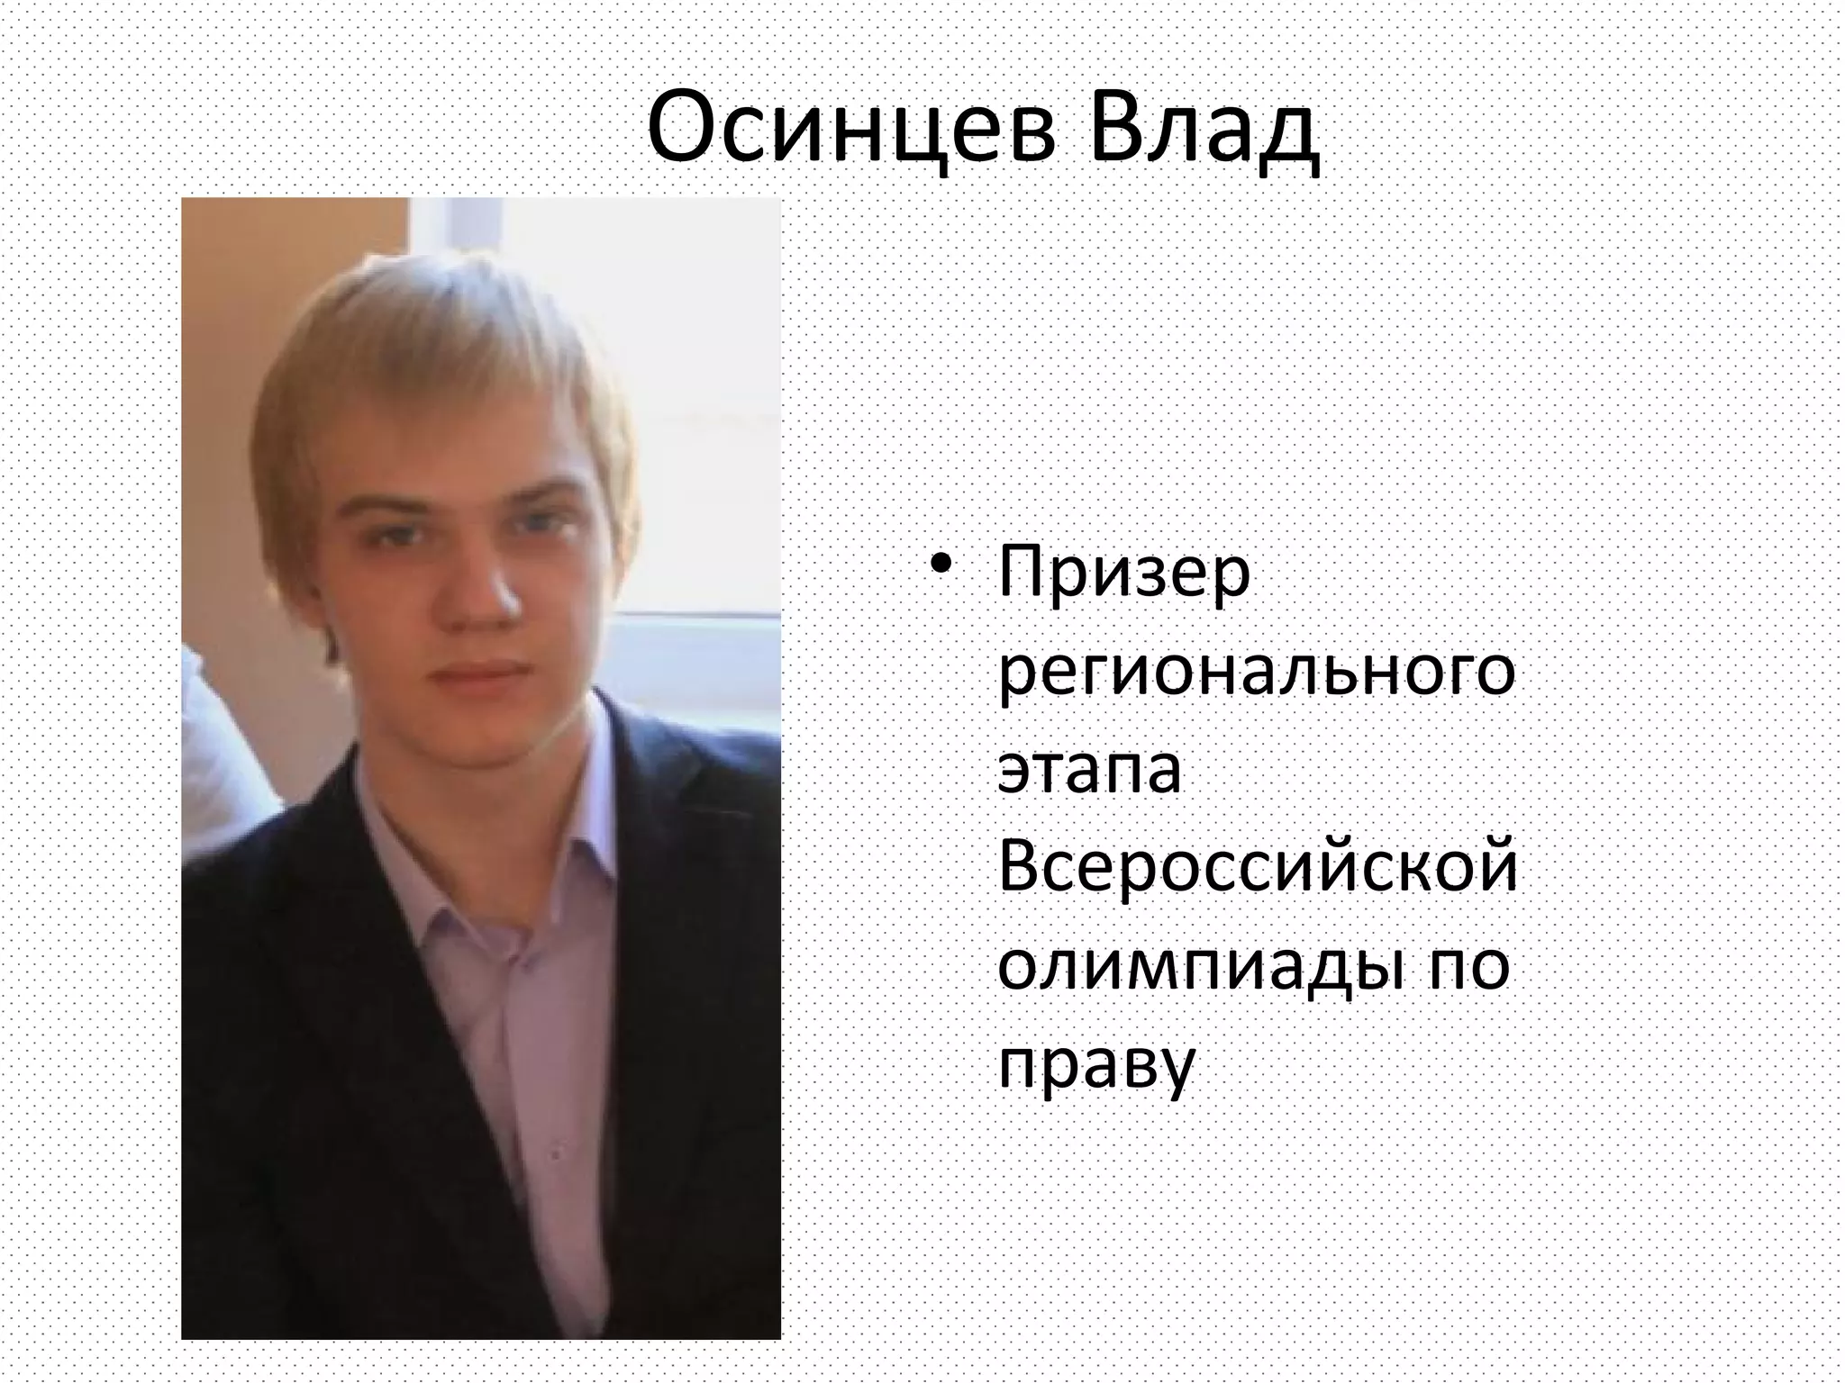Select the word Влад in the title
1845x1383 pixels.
(x=1203, y=131)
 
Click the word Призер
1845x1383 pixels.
(x=1124, y=576)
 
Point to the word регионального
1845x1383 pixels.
(x=1256, y=675)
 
